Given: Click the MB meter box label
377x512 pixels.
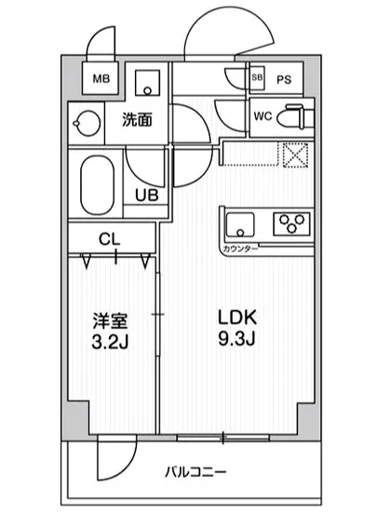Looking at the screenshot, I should coord(101,78).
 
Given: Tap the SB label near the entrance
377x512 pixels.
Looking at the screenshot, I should coord(258,78).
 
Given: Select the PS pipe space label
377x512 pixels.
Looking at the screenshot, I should coord(284,79).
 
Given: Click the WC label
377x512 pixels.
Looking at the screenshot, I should coord(263,118).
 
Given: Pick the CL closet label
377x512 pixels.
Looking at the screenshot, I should coord(110,238).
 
